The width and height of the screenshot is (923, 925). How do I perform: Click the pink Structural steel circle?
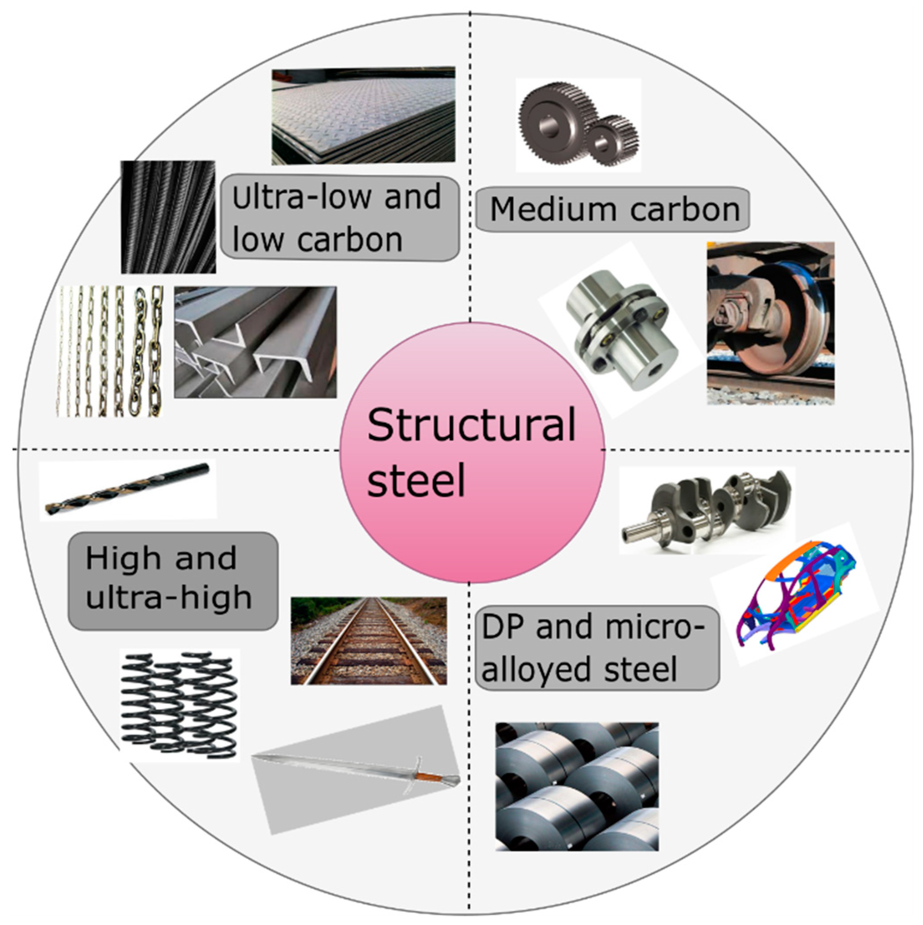point(472,452)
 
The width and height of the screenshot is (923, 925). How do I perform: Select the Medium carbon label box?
point(613,210)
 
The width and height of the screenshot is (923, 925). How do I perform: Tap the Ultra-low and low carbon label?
point(339,218)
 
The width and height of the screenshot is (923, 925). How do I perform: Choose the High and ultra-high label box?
point(172,580)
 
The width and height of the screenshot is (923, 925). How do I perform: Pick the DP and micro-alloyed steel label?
point(597,648)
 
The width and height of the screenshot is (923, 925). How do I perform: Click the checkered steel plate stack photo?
point(363,116)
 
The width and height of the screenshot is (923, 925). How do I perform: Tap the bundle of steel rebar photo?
point(168,217)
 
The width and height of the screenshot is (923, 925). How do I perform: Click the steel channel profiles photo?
point(255,342)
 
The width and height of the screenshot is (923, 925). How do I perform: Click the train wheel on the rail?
point(786,330)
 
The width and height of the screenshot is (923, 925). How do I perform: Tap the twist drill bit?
point(127,488)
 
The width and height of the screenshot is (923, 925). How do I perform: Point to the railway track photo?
point(368,640)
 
